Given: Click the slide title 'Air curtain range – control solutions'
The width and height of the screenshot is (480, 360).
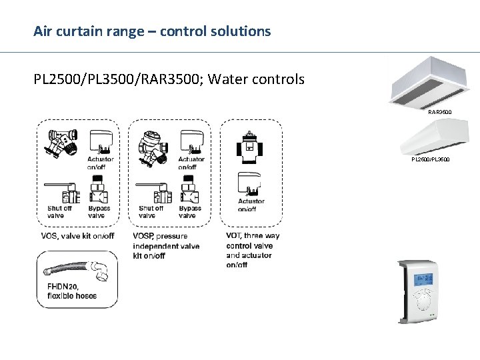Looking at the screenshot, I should click(153, 31).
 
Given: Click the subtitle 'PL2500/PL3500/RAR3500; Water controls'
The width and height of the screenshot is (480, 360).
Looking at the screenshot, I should click(169, 79).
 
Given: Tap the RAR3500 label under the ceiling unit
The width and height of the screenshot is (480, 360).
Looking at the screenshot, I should click(440, 113).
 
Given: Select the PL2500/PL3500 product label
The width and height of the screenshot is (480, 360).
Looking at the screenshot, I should click(430, 160).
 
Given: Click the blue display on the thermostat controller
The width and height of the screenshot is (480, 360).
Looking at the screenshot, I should click(423, 279).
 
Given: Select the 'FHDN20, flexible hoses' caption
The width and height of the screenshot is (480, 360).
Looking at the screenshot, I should click(71, 291).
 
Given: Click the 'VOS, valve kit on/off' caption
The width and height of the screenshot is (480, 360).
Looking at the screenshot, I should click(77, 236).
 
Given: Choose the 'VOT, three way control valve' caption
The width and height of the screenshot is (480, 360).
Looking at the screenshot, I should click(253, 250).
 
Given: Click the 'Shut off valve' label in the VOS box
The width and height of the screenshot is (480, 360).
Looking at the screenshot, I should click(60, 211).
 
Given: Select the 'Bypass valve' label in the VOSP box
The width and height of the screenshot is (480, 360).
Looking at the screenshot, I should click(190, 211).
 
